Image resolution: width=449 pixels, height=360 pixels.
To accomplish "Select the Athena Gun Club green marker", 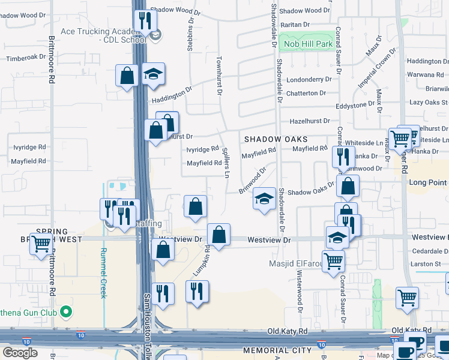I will tap(67, 311).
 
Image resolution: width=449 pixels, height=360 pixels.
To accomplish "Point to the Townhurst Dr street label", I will tap(218, 76).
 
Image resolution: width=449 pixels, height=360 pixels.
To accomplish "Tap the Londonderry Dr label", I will tap(309, 79).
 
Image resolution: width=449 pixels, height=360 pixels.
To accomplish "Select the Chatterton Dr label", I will tap(306, 93).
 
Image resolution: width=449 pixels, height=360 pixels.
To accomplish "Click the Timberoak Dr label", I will tap(26, 58).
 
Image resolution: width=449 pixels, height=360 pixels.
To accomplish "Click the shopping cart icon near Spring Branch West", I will tap(41, 244).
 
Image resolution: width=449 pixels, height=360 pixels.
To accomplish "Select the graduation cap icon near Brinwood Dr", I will tap(264, 198).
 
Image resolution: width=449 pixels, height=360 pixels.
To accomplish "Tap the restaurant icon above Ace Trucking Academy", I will tap(144, 21).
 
